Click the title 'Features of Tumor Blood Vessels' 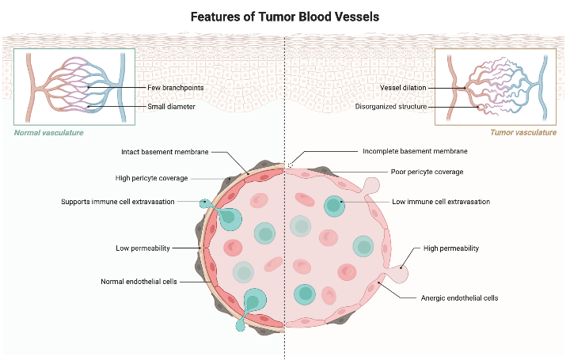[x=285, y=16]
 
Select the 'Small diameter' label [x=171, y=106]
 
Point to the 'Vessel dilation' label [x=403, y=87]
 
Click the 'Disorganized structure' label [x=391, y=106]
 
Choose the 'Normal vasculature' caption [x=49, y=133]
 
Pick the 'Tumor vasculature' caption [x=523, y=133]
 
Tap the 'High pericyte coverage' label [x=151, y=178]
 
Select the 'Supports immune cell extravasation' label [x=118, y=202]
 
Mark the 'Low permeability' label [x=143, y=248]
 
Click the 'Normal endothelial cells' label [x=139, y=282]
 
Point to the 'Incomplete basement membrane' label [x=415, y=151]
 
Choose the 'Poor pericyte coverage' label [x=427, y=172]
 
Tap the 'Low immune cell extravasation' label [x=441, y=202]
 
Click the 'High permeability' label [x=451, y=248]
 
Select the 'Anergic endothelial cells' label [x=459, y=298]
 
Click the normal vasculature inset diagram [x=74, y=86]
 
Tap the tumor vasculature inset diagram [x=496, y=86]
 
